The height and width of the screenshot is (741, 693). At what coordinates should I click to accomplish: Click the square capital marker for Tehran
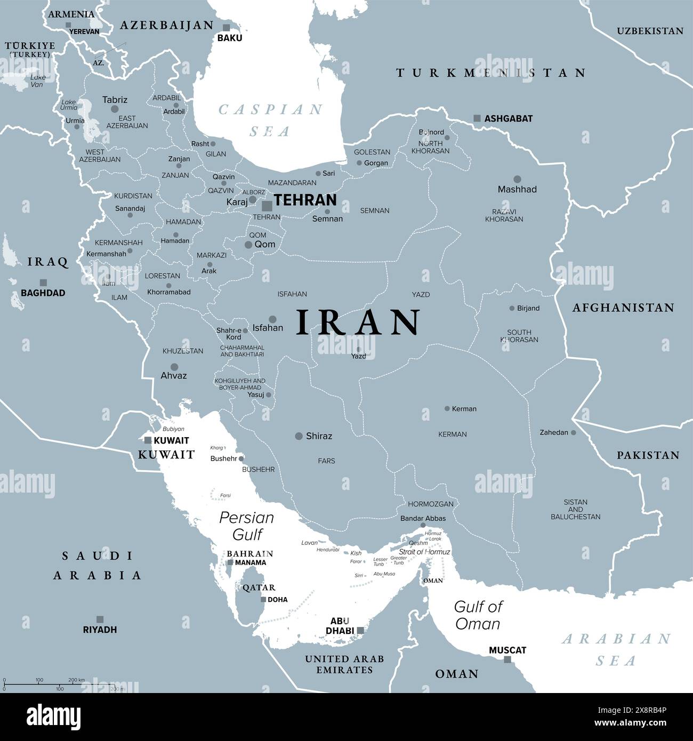click(x=267, y=206)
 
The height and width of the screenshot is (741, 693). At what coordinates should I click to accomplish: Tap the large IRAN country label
click(x=358, y=323)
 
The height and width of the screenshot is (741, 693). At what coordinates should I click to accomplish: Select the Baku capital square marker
click(x=227, y=28)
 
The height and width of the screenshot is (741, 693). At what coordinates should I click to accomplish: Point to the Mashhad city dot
click(x=517, y=179)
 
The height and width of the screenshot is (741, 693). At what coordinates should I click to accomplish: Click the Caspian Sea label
click(x=271, y=120)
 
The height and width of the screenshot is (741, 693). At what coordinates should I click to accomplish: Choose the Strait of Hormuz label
click(x=424, y=552)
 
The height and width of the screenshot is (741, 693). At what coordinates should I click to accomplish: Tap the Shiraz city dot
click(x=299, y=436)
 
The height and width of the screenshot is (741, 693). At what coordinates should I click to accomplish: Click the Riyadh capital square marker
click(x=100, y=619)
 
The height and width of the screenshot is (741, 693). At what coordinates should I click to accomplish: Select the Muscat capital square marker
click(x=507, y=659)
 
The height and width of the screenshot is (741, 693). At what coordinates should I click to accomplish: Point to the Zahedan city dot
click(x=574, y=433)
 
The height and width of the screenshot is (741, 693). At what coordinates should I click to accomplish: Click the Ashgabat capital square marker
click(x=477, y=118)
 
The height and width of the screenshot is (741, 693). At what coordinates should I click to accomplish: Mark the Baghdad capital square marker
click(x=43, y=283)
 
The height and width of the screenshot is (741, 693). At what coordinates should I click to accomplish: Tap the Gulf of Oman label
click(x=478, y=615)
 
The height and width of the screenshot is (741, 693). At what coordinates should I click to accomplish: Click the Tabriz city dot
click(x=115, y=109)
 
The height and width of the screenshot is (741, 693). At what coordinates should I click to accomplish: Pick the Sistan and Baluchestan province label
click(x=575, y=509)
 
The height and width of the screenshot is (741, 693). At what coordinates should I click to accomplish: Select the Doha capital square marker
click(x=263, y=599)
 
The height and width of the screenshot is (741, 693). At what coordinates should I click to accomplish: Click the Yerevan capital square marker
click(x=68, y=25)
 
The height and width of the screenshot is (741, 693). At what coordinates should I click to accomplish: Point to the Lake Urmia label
click(x=69, y=104)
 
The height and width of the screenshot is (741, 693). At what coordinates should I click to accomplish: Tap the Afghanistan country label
click(x=623, y=308)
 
